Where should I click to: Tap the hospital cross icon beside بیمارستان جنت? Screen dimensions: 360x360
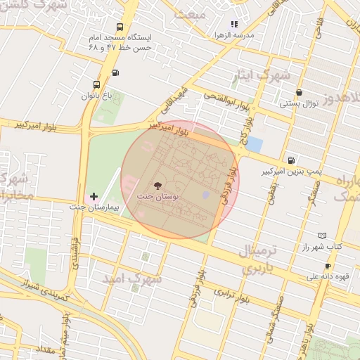point(94,196)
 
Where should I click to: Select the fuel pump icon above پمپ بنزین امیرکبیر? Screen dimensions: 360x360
point(291,160)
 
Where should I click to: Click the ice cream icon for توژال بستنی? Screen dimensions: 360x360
point(300,92)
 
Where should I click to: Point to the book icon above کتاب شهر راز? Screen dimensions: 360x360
point(322,236)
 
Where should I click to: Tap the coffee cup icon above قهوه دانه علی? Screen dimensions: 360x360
point(328,265)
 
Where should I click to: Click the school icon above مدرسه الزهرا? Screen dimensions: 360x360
point(234,24)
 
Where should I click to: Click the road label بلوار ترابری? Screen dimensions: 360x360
point(233,295)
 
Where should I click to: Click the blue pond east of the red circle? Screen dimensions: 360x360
point(254,145)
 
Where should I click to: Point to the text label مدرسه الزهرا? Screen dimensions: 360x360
point(254,34)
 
